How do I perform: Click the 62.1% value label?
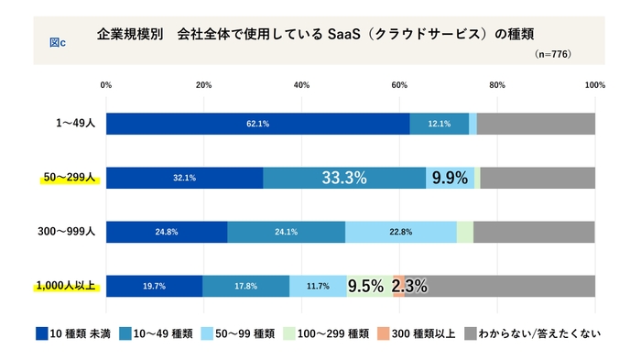[x=257, y=124]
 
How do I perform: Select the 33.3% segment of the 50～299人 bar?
[x=344, y=178]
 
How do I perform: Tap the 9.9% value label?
[x=450, y=178]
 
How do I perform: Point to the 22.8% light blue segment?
[x=400, y=232]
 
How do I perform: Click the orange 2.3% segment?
[x=398, y=286]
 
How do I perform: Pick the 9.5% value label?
[x=365, y=286]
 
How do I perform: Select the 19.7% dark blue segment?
[x=154, y=286]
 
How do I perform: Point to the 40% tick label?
[x=301, y=85]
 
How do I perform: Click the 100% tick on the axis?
[x=594, y=85]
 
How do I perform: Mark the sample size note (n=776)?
[x=552, y=54]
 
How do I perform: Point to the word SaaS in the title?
[x=343, y=34]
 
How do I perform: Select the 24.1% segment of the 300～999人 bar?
[x=286, y=232]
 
